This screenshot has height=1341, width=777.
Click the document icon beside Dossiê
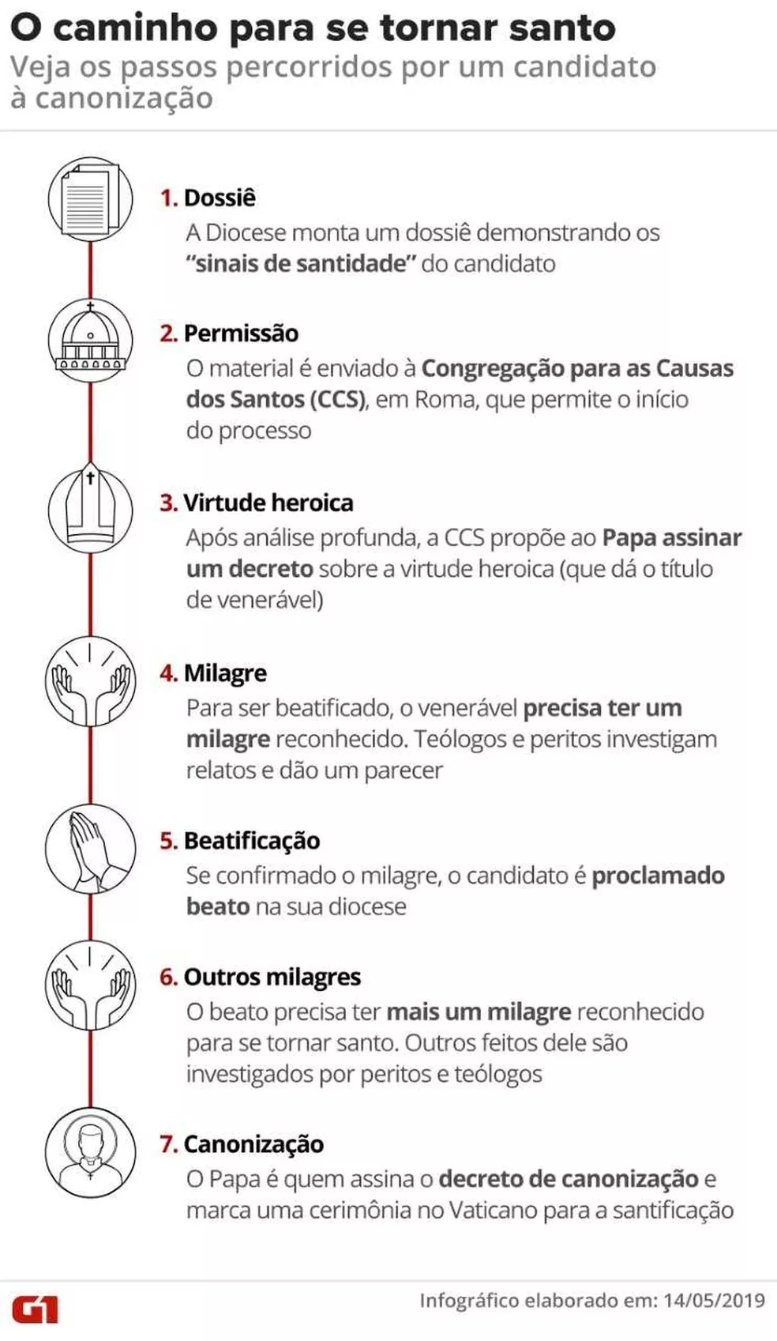point(89,198)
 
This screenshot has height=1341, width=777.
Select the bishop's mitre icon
point(90,507)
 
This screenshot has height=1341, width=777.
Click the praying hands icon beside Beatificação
point(90,850)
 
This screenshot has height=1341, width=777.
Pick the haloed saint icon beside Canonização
point(90,1151)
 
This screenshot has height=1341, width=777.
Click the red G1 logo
point(35,1309)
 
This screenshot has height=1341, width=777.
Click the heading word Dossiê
point(220,198)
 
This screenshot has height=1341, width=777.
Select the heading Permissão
point(241,333)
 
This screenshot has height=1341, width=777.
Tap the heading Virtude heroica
point(268,503)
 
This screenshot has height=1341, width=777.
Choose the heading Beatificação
point(251,841)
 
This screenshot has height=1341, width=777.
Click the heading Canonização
point(253,1144)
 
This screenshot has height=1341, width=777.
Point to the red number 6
point(167,977)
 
